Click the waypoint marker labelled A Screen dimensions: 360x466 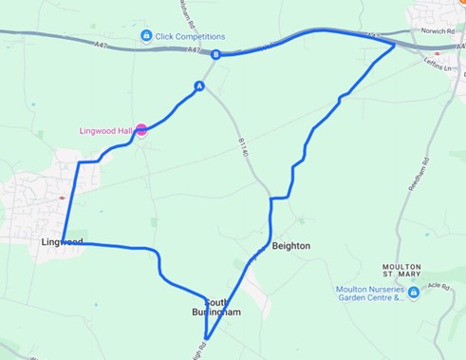coord(199,86)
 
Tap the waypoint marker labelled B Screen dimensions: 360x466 coord(216,54)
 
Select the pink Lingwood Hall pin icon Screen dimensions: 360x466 coord(140,131)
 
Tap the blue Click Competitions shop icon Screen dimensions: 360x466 coord(145,36)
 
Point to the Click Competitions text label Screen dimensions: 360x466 coord(189,36)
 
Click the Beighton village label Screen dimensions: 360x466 coord(290,246)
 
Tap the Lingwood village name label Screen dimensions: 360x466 coord(62,242)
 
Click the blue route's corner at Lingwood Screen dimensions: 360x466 coord(63,241)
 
